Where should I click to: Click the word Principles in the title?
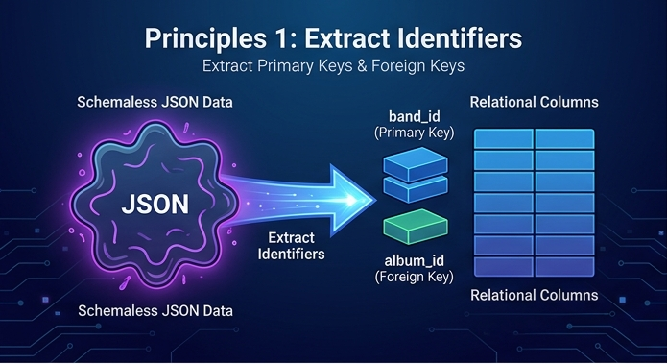pyautogui.click(x=206, y=39)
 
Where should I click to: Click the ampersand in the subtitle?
pyautogui.click(x=362, y=66)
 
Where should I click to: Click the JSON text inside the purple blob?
pyautogui.click(x=155, y=204)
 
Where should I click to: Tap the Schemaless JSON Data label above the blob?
pyautogui.click(x=155, y=102)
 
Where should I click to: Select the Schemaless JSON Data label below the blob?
pyautogui.click(x=155, y=311)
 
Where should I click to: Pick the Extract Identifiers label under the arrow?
pyautogui.click(x=292, y=246)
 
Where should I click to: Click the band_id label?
pyautogui.click(x=415, y=116)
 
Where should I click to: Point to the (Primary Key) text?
pyautogui.click(x=415, y=133)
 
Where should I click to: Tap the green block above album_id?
pyautogui.click(x=416, y=226)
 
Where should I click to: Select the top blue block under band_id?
pyautogui.click(x=416, y=164)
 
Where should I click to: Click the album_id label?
pyautogui.click(x=415, y=260)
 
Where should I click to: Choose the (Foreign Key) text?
pyautogui.click(x=415, y=277)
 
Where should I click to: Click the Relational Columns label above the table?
pyautogui.click(x=534, y=102)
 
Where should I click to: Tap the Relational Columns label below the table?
pyautogui.click(x=534, y=295)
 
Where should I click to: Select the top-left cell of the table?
pyautogui.click(x=504, y=139)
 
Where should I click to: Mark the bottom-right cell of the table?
pyautogui.click(x=564, y=266)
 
